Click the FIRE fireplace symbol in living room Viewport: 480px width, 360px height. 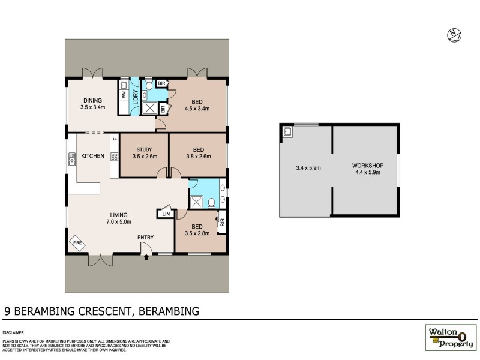pos(76,243)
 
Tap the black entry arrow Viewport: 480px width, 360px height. pos(146,257)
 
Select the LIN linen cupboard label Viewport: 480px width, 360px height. pos(166,214)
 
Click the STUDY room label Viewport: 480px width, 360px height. pos(143,150)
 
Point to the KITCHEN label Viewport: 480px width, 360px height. pos(93,157)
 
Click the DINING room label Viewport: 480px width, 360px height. pos(92,101)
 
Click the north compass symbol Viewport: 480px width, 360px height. pos(454,35)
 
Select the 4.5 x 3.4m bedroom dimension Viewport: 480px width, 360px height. pos(198,109)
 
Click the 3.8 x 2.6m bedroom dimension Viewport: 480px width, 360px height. pos(199,157)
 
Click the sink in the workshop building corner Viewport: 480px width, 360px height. pos(287,131)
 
